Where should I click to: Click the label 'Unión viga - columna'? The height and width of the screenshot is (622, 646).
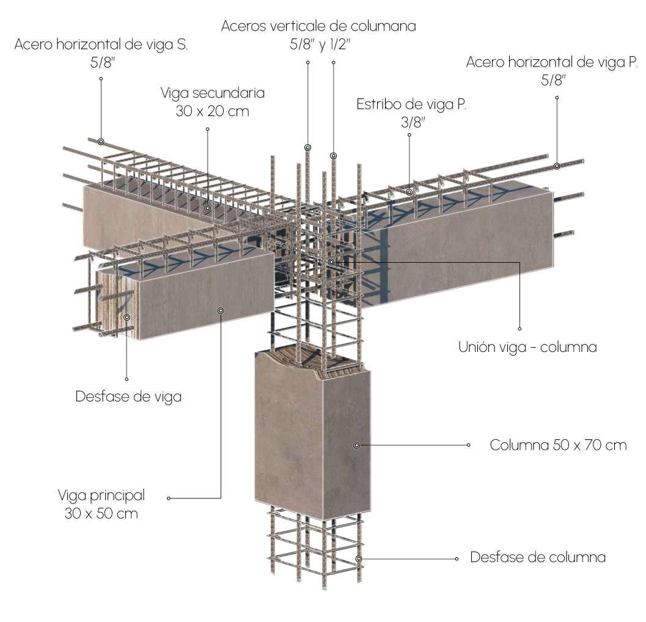click(527, 347)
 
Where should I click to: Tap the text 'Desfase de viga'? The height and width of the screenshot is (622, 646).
click(128, 396)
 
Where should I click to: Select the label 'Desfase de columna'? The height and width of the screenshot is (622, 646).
click(538, 557)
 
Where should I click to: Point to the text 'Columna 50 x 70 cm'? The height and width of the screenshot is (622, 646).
click(558, 445)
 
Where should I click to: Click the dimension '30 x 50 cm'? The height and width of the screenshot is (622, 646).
click(101, 513)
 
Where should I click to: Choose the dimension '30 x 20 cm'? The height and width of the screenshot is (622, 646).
click(213, 111)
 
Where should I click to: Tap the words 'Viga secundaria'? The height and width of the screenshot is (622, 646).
click(213, 93)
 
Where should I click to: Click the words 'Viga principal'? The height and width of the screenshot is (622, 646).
click(101, 494)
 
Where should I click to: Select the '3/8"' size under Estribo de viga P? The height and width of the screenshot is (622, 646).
click(413, 122)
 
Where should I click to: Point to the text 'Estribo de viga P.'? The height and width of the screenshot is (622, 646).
click(412, 104)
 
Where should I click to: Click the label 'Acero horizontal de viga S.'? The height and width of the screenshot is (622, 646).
click(101, 45)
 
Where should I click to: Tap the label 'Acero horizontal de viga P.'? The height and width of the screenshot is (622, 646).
click(552, 62)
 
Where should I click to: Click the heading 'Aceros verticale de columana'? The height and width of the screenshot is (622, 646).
click(318, 26)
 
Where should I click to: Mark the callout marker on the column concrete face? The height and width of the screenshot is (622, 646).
click(357, 445)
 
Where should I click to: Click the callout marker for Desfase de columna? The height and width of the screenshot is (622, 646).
click(359, 558)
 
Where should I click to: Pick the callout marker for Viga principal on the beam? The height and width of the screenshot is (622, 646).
click(221, 310)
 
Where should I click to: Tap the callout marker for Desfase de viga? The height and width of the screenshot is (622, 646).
click(127, 317)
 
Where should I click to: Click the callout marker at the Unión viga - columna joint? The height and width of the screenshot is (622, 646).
click(331, 262)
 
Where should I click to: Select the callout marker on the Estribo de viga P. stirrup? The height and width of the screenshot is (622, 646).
click(409, 192)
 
